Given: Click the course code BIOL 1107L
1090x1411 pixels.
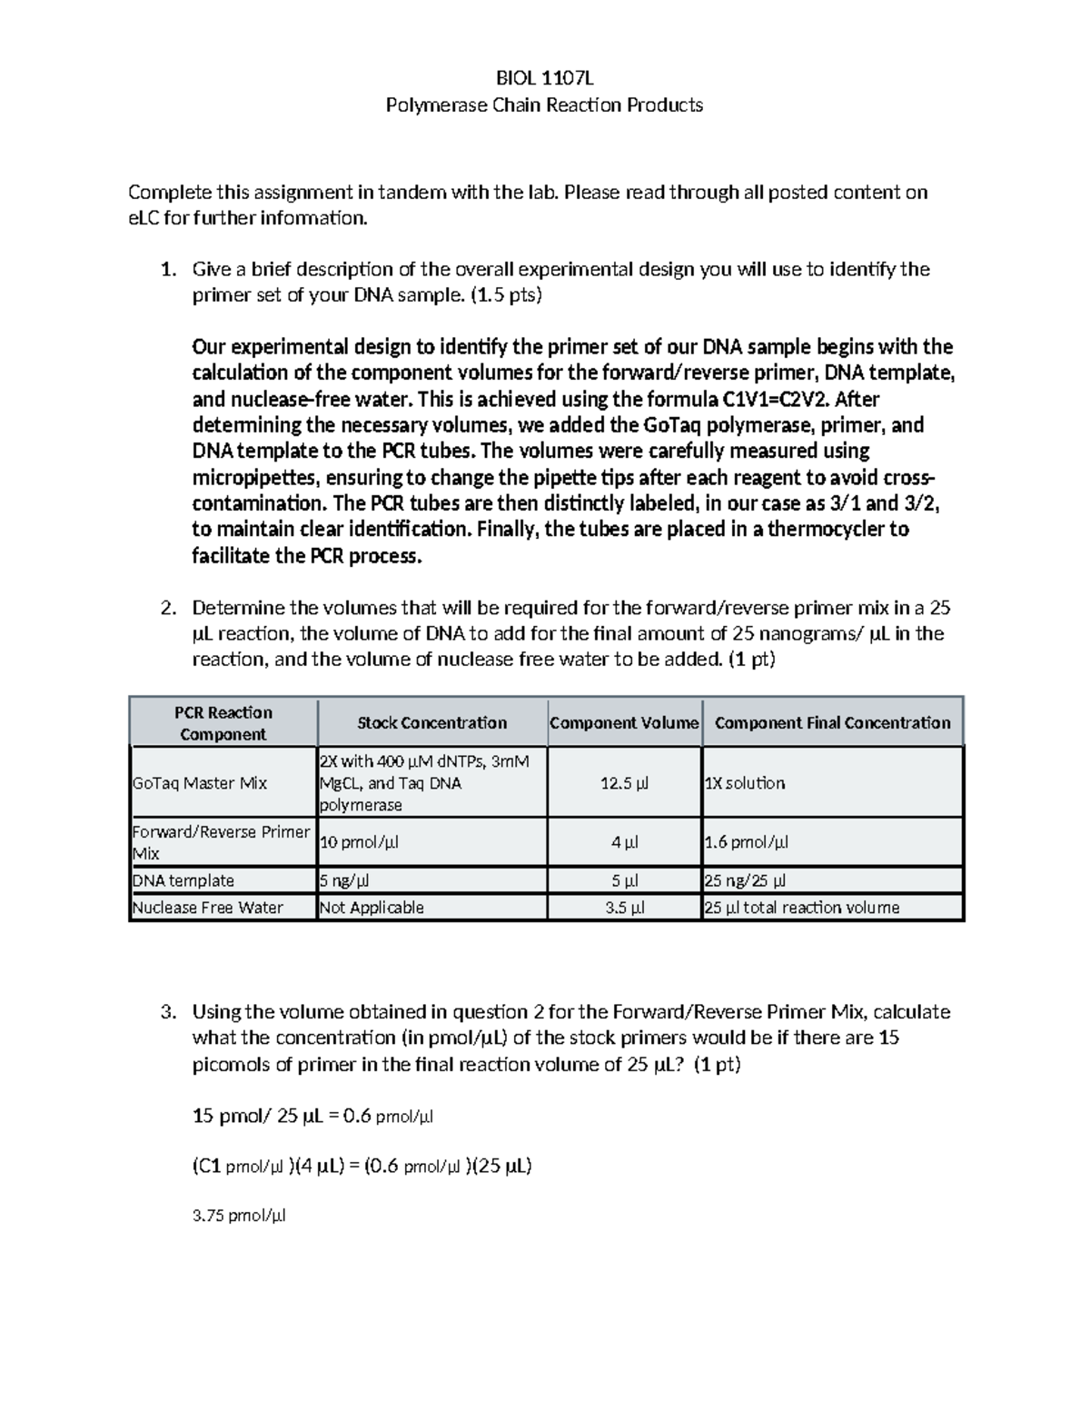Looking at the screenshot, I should click(x=544, y=77).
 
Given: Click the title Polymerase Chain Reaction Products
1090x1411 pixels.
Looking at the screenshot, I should click(x=544, y=104).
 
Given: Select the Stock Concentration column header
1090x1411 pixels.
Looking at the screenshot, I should click(x=431, y=723).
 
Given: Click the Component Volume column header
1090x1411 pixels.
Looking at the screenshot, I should click(x=624, y=723).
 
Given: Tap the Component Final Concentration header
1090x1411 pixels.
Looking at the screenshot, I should click(x=832, y=723).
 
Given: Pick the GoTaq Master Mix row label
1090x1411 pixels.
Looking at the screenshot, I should click(x=200, y=783).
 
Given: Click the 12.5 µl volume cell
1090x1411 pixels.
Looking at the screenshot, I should click(x=624, y=783).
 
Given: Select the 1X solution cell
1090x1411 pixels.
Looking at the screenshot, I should click(x=745, y=783).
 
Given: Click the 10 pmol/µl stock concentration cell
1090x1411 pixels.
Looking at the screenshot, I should click(x=359, y=842).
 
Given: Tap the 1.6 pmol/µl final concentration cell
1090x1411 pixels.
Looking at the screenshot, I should click(x=747, y=842).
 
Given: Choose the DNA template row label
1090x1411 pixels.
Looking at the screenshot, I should click(x=183, y=880).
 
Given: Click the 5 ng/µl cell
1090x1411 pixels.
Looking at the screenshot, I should click(x=344, y=880).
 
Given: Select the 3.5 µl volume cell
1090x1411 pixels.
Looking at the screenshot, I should click(x=624, y=907).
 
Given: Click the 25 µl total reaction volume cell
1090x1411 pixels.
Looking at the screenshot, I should click(x=802, y=907).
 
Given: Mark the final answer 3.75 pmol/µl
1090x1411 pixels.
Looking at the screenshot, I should click(x=240, y=1216).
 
